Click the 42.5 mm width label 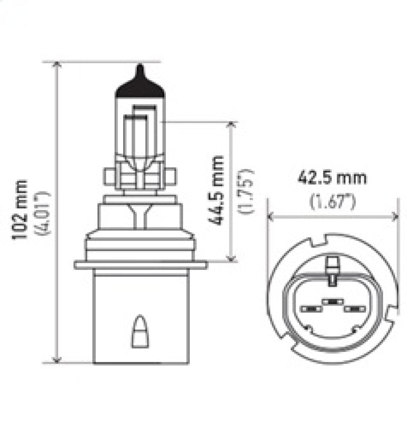[x=333, y=178]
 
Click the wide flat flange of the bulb [x=140, y=265]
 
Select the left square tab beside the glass [x=109, y=177]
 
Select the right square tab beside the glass [x=171, y=177]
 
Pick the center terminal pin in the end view [x=332, y=301]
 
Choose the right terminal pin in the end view [x=355, y=309]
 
